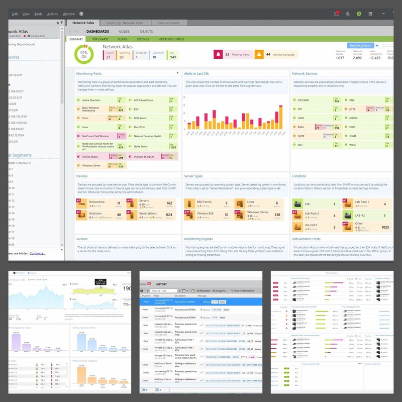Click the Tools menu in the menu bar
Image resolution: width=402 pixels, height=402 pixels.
point(38,14)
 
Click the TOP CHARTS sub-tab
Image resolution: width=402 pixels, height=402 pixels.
point(101,39)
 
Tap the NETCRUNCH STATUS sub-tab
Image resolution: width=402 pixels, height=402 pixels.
point(171,39)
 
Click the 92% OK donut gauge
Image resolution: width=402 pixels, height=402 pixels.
point(84,55)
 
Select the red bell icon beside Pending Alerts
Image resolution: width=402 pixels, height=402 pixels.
point(219,54)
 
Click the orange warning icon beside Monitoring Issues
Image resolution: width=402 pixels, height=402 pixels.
point(259,54)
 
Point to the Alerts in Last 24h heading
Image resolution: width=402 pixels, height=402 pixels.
point(203,73)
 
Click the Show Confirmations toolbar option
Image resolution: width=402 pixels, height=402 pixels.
point(244,290)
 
